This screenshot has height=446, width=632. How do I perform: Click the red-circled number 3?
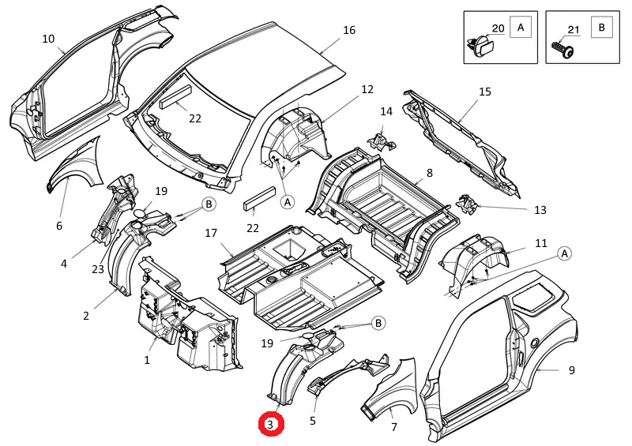click(x=271, y=425)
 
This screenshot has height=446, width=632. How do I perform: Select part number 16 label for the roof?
click(x=349, y=31)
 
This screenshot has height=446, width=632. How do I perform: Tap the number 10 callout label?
click(x=48, y=39)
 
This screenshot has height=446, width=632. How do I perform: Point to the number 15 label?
click(x=485, y=92)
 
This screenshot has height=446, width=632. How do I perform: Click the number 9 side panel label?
click(x=571, y=369)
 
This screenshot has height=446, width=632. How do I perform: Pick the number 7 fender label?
click(x=393, y=427)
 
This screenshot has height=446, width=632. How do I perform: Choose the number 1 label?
click(x=147, y=360)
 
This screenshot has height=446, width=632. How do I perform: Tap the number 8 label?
click(x=430, y=172)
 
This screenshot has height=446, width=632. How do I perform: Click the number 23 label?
click(x=97, y=268)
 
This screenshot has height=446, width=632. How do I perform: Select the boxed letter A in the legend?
click(x=521, y=28)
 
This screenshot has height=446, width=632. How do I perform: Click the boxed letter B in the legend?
click(x=602, y=28)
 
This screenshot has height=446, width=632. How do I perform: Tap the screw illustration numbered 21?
click(x=563, y=50)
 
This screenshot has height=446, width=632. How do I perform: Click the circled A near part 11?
click(x=565, y=253)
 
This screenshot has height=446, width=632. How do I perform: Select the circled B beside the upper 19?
click(x=209, y=204)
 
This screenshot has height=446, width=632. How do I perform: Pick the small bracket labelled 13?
click(x=469, y=204)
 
